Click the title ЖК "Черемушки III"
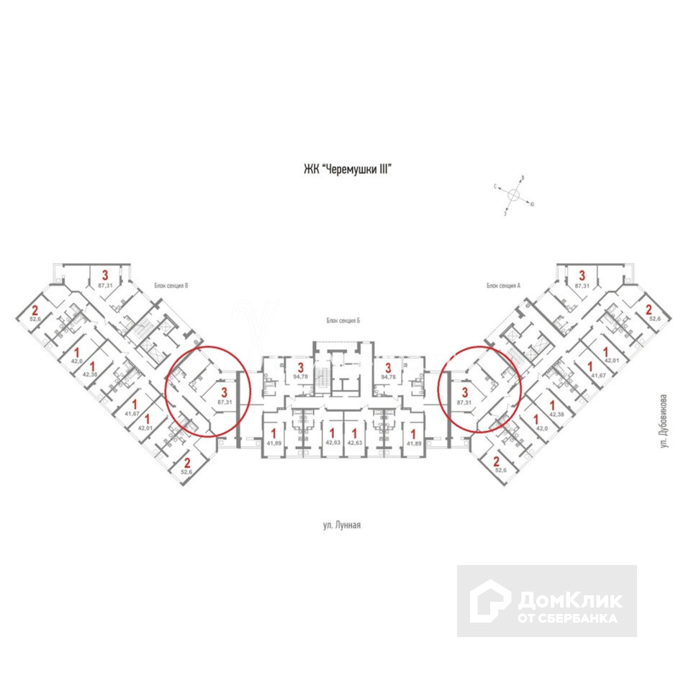coord(351,170)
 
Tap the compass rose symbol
coord(515,195)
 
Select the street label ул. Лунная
coord(341,526)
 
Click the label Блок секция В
coord(171,286)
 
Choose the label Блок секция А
coord(502,286)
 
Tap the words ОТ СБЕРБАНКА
coord(567,618)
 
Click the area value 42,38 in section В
coord(90,374)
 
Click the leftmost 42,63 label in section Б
coord(332,443)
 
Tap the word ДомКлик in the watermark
coord(569,599)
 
